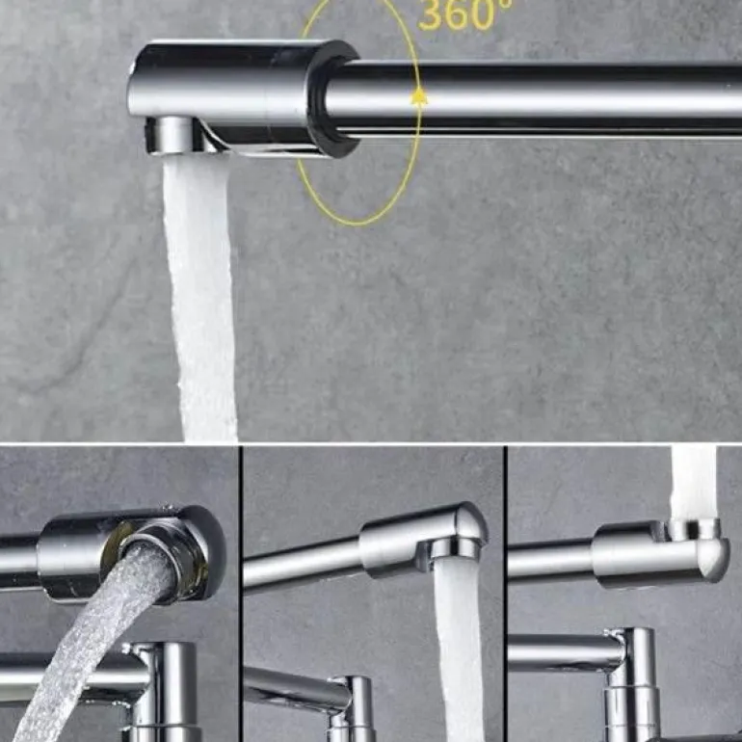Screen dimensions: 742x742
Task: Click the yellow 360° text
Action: [464, 14]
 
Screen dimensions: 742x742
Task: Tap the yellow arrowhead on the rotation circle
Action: [419, 96]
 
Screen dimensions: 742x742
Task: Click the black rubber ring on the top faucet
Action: [332, 99]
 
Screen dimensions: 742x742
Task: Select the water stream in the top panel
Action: [201, 298]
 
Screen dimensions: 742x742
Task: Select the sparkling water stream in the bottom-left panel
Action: [94, 639]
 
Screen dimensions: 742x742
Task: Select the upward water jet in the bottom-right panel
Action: [694, 484]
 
